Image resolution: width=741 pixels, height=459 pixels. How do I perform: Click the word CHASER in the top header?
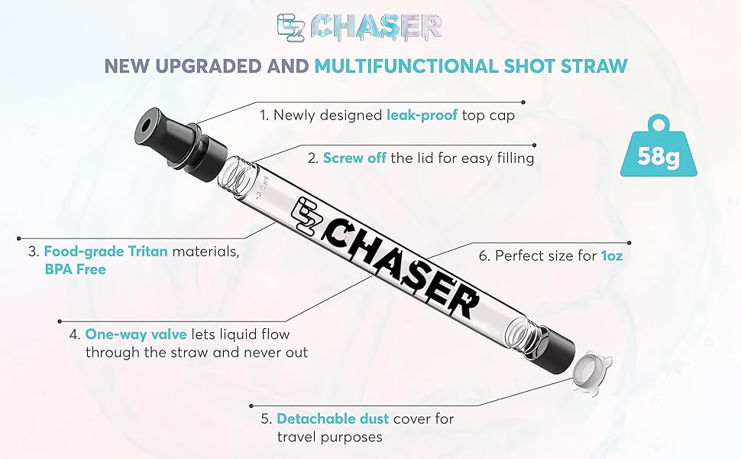coord(378,27)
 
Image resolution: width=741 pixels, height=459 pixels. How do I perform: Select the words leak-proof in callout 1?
coord(422,116)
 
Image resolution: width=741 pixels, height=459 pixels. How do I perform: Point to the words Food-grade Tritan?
coord(105,251)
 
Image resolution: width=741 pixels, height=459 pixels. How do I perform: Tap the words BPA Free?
coord(75,269)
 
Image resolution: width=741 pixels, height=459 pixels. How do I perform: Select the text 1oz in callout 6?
coord(610,256)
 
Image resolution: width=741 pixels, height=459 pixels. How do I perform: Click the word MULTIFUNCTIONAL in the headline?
coord(417,67)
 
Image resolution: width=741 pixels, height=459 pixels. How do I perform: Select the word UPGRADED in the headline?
coord(214,67)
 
